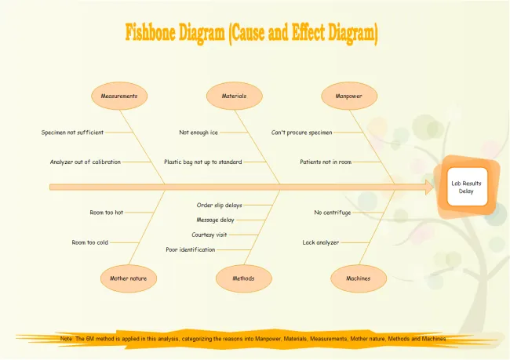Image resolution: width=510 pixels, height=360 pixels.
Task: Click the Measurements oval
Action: (119, 96)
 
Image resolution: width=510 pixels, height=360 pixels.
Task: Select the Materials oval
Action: (234, 96)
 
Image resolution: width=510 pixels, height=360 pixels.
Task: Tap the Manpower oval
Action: (349, 96)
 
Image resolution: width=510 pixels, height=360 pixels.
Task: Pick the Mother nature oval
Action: (129, 278)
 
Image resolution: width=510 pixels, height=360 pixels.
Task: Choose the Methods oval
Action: (243, 278)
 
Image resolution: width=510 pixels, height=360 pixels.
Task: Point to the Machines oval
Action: (359, 278)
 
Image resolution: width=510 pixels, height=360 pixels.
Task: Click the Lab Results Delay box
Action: (467, 187)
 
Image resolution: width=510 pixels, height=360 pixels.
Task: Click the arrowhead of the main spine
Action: (429, 187)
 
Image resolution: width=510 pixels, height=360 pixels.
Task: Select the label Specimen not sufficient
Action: (72, 133)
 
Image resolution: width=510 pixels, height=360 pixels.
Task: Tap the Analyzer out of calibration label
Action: (86, 162)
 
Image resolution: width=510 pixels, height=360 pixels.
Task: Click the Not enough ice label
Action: (199, 133)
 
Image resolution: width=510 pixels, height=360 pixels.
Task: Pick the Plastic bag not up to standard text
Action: (203, 162)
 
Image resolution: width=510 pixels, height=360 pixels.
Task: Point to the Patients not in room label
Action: (326, 162)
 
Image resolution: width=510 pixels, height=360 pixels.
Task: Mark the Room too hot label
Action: (107, 213)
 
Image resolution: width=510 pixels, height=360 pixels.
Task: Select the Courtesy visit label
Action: (209, 235)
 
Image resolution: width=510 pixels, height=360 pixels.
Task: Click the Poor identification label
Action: (191, 249)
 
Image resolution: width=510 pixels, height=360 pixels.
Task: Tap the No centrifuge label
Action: (333, 213)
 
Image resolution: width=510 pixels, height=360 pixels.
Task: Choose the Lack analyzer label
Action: (320, 242)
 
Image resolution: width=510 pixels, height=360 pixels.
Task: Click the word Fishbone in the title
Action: (151, 32)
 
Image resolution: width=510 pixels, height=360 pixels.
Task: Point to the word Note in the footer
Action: (66, 339)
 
